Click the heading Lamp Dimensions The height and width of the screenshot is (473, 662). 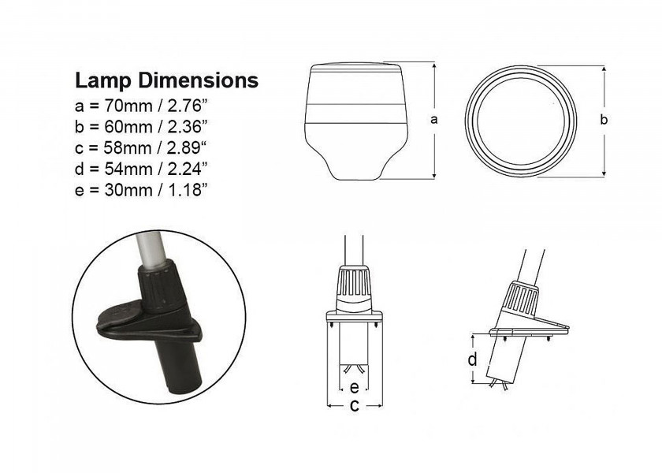click(165, 80)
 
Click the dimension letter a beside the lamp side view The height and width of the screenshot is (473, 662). click(434, 120)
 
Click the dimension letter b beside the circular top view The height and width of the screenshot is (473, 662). click(604, 120)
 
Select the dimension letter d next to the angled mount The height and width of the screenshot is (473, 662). click(471, 359)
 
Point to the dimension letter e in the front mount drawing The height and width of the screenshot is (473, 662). click(355, 387)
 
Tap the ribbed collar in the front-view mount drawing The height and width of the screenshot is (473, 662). click(355, 285)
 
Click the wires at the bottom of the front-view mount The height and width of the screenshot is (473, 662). click(355, 371)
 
